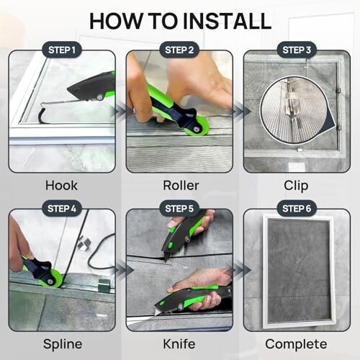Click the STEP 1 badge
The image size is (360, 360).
tap(62, 50)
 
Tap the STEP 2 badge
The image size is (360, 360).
tap(179, 50)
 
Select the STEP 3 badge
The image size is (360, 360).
tap(297, 50)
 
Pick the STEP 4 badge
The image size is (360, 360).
tap(62, 208)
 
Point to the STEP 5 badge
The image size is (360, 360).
tap(179, 208)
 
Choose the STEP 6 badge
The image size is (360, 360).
tap(297, 208)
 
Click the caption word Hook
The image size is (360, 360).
tap(61, 186)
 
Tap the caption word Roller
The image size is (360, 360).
tap(181, 186)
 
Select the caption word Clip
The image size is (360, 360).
tap(296, 186)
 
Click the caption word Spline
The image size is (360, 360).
tap(63, 345)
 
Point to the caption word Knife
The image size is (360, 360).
tap(179, 344)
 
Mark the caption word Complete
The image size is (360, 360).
tap(296, 345)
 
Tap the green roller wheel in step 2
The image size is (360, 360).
tap(197, 127)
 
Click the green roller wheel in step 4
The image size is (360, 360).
tap(51, 279)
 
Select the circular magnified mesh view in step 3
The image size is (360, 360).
tap(294, 110)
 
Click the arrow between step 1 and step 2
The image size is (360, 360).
tap(120, 112)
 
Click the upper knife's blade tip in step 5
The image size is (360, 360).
tap(166, 261)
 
